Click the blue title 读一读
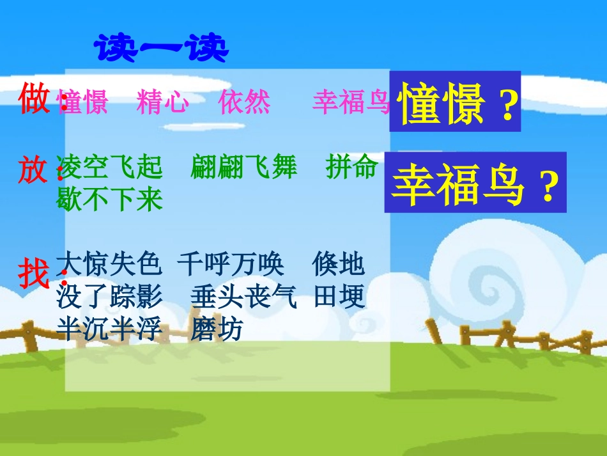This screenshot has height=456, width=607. (162, 49)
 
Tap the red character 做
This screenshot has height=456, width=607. (34, 100)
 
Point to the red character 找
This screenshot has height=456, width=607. (34, 274)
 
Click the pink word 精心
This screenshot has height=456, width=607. (162, 102)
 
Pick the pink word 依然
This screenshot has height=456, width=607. (244, 102)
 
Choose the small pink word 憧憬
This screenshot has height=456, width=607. (82, 102)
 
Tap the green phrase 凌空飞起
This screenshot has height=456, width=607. (109, 168)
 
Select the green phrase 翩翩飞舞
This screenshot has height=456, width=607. (243, 168)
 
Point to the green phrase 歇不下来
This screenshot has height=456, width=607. (109, 200)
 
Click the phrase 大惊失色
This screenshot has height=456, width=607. (109, 263)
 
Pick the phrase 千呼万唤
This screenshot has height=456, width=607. (231, 263)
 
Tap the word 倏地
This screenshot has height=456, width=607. (339, 263)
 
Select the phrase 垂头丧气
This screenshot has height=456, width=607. (243, 297)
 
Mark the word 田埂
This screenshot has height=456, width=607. (339, 297)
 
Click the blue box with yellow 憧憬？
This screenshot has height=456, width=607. (455, 102)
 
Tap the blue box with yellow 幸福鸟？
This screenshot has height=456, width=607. (475, 182)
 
